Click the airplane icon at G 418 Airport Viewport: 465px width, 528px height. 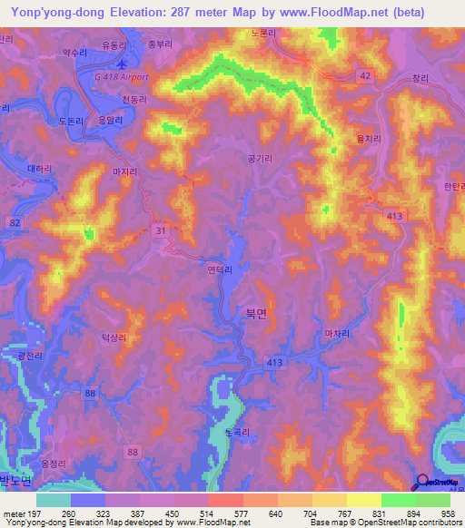coord(123,64)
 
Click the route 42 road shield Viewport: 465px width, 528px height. coord(363,77)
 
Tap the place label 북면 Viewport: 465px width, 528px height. coord(256,311)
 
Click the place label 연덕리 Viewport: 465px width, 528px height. coord(221,269)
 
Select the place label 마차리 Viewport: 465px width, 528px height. coord(337,333)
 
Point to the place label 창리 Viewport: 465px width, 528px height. coord(419,79)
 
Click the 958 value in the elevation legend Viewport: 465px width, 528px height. coord(447,513)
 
